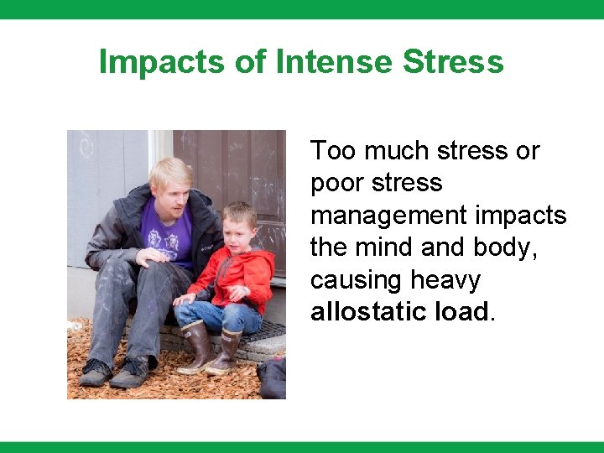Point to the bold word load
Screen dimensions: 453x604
[x=461, y=312]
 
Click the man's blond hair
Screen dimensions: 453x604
[x=172, y=172]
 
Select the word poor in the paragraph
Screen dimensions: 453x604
[x=335, y=183]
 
